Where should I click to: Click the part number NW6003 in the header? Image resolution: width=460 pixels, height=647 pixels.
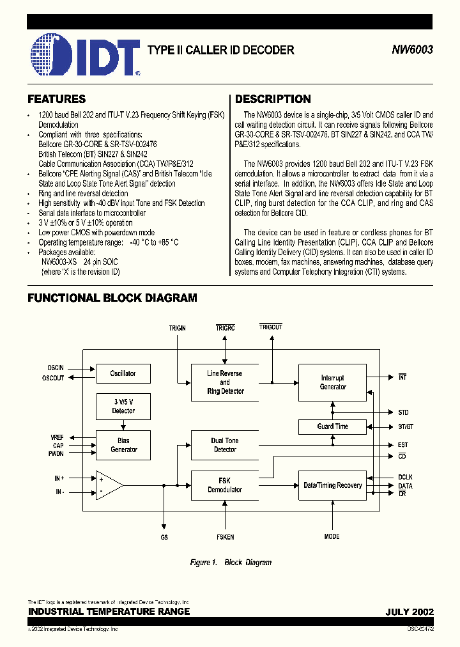click(x=413, y=50)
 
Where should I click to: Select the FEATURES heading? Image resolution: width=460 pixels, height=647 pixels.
click(x=56, y=99)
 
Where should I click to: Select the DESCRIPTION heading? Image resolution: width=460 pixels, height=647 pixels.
click(x=273, y=99)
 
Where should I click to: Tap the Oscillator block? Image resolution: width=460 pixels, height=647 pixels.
click(x=123, y=373)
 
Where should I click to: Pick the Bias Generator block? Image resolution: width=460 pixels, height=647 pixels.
click(x=123, y=445)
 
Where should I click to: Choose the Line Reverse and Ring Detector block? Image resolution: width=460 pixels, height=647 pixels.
click(x=225, y=382)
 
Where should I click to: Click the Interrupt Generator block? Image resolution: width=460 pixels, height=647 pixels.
click(x=333, y=382)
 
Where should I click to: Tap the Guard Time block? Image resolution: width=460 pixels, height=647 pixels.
click(x=333, y=426)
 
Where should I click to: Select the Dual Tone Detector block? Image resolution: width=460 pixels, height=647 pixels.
click(x=225, y=445)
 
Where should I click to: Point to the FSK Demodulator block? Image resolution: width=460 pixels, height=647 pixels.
click(x=225, y=485)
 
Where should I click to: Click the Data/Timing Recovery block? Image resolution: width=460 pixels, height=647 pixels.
click(x=333, y=485)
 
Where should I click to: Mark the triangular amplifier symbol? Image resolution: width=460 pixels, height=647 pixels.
click(x=108, y=485)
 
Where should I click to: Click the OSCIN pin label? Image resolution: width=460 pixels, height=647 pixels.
click(x=56, y=369)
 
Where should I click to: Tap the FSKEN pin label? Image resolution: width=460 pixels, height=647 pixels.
click(x=225, y=537)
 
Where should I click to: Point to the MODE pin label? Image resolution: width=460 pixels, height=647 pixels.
click(x=332, y=537)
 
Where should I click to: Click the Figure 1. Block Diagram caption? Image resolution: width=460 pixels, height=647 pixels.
click(x=231, y=563)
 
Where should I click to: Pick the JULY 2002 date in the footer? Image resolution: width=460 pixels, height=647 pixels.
click(x=410, y=612)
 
